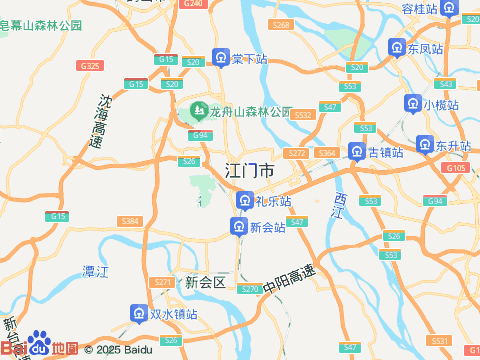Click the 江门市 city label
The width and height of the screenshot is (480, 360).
point(250,171)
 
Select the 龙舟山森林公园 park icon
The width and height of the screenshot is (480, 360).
point(199,110)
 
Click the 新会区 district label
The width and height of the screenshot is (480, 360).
point(206,283)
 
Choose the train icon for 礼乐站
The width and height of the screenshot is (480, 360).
point(244,202)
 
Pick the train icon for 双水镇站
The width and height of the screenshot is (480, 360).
point(139,314)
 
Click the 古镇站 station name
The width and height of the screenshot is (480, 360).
point(386,152)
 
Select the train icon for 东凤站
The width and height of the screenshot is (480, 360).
point(397,48)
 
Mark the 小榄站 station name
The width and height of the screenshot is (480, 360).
point(440,104)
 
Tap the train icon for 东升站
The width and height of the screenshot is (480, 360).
point(425,146)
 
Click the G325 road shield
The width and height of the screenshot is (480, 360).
point(89,65)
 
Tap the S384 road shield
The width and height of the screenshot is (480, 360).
point(129,220)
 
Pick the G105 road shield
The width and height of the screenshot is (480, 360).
point(456,168)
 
